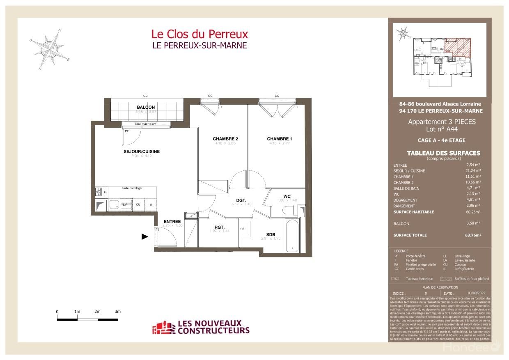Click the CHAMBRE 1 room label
pyautogui.click(x=280, y=139)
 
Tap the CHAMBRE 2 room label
pyautogui.click(x=225, y=139)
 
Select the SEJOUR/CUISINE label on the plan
pyautogui.click(x=141, y=151)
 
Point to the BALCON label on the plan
pyautogui.click(x=146, y=107)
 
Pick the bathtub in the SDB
pyautogui.click(x=292, y=236)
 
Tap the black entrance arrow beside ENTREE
pyautogui.click(x=144, y=236)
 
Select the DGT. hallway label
pyautogui.click(x=241, y=200)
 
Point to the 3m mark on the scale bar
pyautogui.click(x=118, y=312)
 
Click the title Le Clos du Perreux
pyautogui.click(x=199, y=34)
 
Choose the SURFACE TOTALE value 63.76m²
pyautogui.click(x=472, y=235)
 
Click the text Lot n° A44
pyautogui.click(x=441, y=129)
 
